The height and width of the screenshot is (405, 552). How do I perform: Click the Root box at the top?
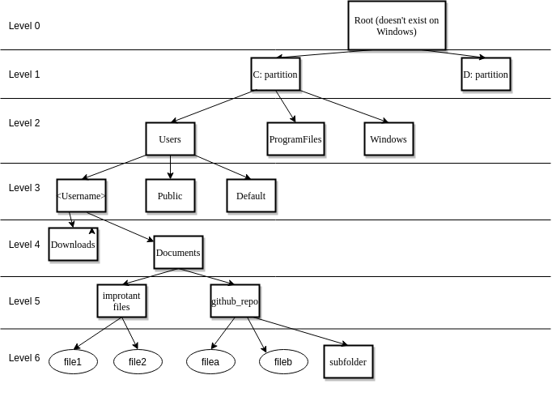coord(397,26)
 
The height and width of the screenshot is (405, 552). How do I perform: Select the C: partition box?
coord(275,75)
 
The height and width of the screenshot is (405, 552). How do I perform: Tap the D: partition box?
coord(486,75)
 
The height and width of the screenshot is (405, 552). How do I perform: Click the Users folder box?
coord(170,139)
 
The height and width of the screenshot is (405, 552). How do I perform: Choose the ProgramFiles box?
coord(295,139)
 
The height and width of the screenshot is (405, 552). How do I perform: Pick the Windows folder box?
coord(389,139)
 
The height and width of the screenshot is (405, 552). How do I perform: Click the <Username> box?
coord(81,196)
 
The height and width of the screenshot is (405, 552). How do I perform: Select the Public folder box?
coord(170,196)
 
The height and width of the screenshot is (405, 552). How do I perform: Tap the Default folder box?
coord(251,196)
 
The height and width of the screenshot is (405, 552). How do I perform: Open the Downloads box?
coord(73,245)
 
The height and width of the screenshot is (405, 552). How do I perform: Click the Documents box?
coord(178,253)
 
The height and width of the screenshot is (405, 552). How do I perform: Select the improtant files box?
coord(121,301)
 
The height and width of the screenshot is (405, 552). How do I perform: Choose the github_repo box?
coord(235,301)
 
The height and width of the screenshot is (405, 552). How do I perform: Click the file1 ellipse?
coord(73,361)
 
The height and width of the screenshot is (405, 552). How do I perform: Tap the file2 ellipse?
coord(138,361)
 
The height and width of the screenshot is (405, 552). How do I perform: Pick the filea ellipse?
coord(210,361)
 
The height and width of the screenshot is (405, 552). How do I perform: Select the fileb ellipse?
coord(283,361)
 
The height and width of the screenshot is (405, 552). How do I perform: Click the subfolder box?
coord(348,362)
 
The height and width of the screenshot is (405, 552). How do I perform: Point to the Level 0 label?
coord(24,26)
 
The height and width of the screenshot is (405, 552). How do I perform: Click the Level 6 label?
coord(24,358)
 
